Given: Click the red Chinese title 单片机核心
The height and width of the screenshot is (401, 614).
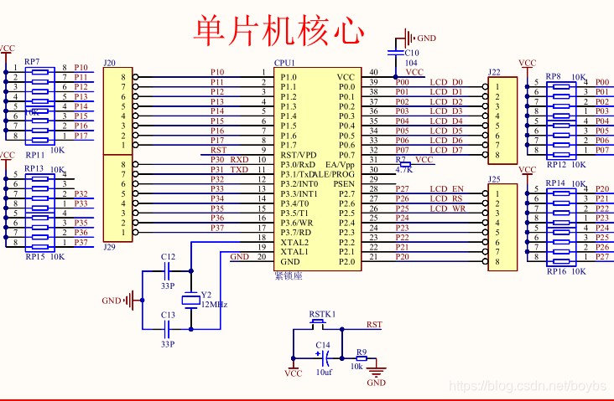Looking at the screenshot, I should [279, 30].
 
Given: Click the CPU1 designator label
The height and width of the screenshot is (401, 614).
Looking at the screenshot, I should [286, 63].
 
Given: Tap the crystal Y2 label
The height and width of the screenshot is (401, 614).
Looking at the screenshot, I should [206, 295].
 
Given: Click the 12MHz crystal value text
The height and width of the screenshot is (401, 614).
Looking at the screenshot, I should [213, 304].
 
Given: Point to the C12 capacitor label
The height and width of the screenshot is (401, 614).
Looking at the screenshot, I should [168, 256].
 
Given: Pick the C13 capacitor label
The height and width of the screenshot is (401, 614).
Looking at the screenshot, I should [168, 315].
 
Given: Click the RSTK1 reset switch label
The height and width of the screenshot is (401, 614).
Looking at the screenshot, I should [322, 314].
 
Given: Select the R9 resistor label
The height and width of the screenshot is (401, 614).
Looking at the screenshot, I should [362, 352].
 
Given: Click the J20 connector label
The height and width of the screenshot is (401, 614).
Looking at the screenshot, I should [109, 63].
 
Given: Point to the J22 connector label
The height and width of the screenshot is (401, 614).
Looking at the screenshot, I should [494, 72].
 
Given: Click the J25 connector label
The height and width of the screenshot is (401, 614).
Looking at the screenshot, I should [494, 179].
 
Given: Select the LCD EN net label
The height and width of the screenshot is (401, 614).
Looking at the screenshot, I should [446, 189].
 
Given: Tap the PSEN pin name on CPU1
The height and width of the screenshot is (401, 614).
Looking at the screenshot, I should [344, 183].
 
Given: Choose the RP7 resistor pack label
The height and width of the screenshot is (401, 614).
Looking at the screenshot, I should [32, 61].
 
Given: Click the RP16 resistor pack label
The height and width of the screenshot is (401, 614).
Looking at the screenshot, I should [556, 272].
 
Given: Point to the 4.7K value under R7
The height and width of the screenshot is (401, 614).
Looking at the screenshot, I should [403, 169].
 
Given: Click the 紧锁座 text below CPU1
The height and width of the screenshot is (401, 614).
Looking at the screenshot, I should [289, 275].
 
